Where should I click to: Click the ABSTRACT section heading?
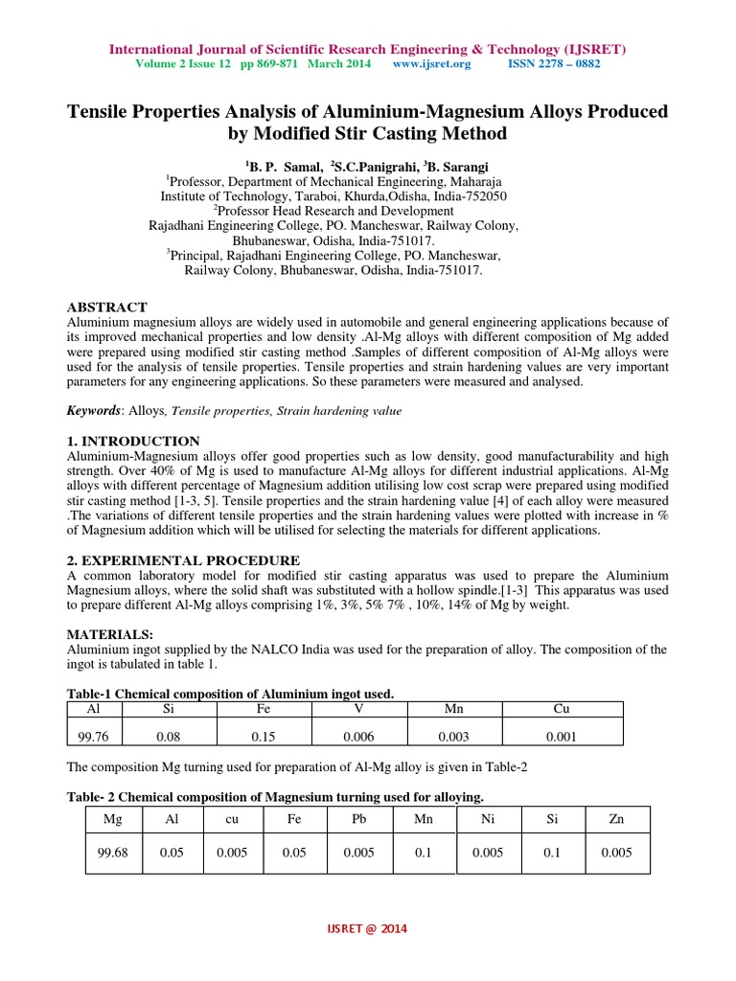click(x=106, y=307)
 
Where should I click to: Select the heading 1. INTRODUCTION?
click(x=132, y=441)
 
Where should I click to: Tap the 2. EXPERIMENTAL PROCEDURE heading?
click(x=182, y=559)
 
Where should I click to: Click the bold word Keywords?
click(x=93, y=410)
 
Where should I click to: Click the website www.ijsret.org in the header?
click(x=431, y=64)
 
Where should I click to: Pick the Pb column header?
click(x=358, y=820)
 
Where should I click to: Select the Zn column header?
click(x=615, y=820)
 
